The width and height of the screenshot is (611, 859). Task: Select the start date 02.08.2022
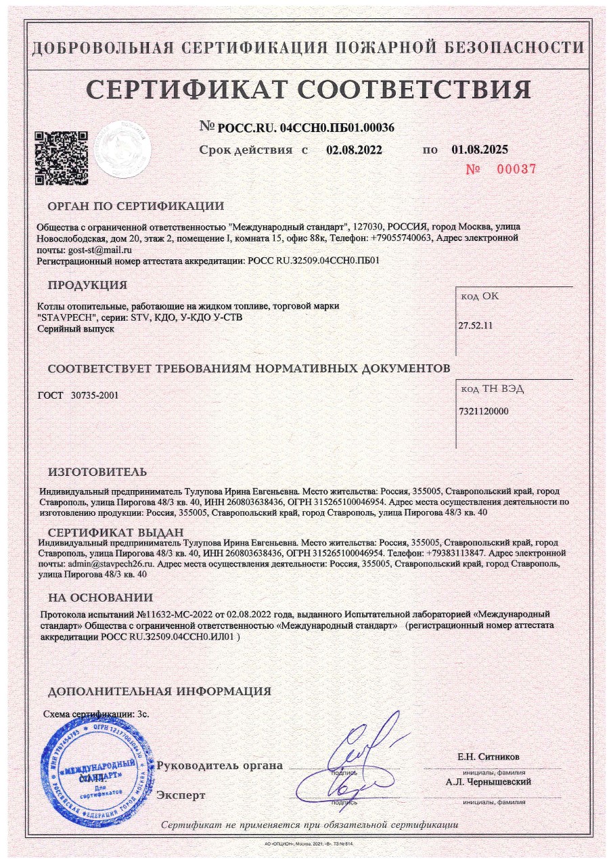click(354, 150)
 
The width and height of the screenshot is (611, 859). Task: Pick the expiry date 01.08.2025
click(479, 149)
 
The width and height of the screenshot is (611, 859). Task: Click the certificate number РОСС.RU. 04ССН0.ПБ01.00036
click(307, 127)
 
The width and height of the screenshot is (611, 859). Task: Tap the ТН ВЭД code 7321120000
click(483, 411)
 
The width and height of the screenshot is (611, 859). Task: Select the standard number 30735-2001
click(94, 395)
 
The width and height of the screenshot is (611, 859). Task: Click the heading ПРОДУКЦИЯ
click(88, 284)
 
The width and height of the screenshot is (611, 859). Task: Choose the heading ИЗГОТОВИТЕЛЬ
click(97, 472)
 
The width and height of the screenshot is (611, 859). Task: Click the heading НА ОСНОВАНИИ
click(101, 598)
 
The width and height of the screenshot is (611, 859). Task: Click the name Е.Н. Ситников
click(488, 756)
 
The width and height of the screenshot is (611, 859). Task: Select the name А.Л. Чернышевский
click(488, 782)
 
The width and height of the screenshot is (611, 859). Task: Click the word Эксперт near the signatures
click(181, 795)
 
